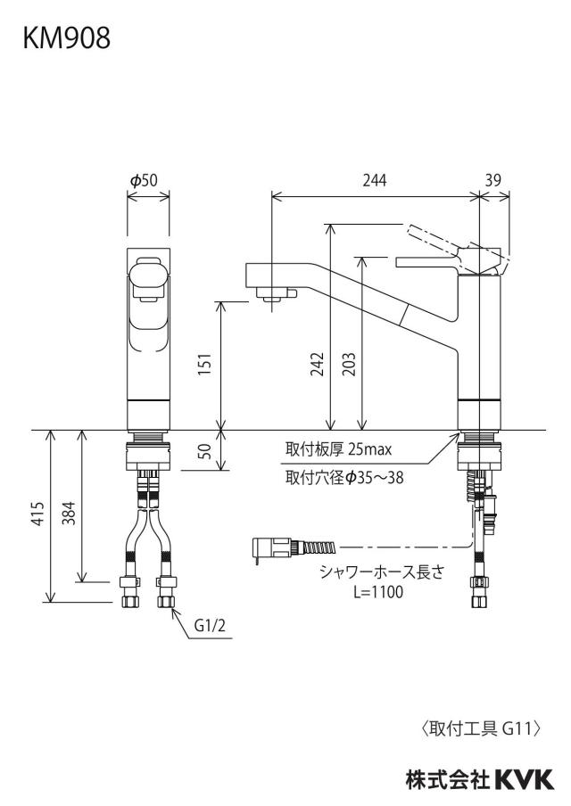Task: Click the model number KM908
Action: [66, 38]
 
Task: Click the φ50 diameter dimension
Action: [144, 180]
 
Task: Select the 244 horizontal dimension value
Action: [375, 180]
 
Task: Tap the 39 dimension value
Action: [492, 180]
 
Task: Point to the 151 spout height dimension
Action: [205, 364]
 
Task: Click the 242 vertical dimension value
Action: [318, 364]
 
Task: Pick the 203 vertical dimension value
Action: [349, 364]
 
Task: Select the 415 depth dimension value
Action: [38, 513]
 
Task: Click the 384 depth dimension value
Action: [69, 513]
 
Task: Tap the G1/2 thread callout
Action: [210, 626]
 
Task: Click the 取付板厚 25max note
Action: [338, 449]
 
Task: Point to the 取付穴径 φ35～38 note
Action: [344, 478]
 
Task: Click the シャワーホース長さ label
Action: [381, 572]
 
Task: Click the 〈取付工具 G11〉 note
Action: [482, 728]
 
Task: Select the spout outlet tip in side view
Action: [272, 296]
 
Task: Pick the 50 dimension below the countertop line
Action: [205, 451]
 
